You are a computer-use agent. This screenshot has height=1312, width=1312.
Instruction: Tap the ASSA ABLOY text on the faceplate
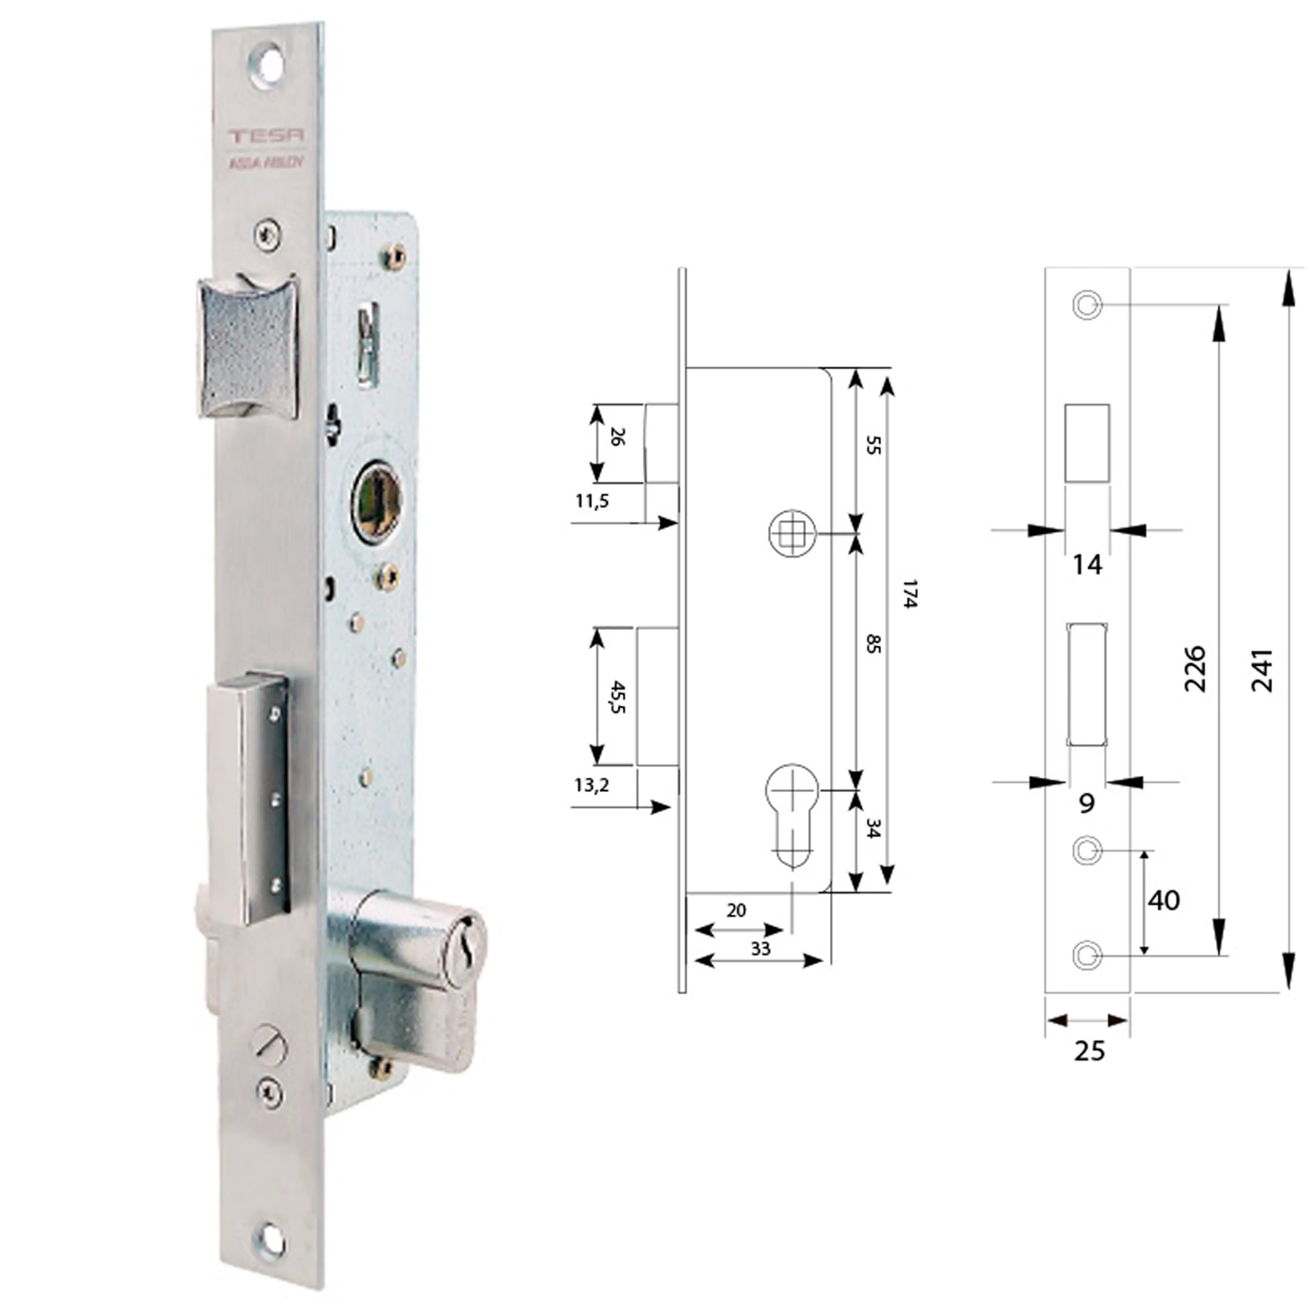pyautogui.click(x=266, y=163)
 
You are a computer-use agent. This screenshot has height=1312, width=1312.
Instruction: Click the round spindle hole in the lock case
pyautogui.click(x=377, y=501)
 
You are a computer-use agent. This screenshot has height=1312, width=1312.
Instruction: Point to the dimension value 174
pyautogui.click(x=910, y=594)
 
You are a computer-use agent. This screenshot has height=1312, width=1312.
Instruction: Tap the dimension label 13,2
pyautogui.click(x=591, y=786)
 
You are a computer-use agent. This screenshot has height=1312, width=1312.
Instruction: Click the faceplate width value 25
pyautogui.click(x=1089, y=1051)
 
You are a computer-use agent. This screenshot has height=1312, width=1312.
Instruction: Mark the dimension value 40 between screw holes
pyautogui.click(x=1163, y=901)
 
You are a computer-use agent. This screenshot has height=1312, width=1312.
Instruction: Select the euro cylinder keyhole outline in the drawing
pyautogui.click(x=792, y=815)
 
